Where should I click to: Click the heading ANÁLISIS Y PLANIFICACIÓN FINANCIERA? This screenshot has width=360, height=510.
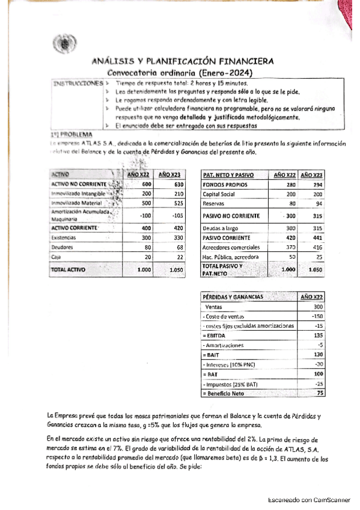point(182,61)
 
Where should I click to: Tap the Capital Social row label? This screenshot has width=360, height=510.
point(218,194)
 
